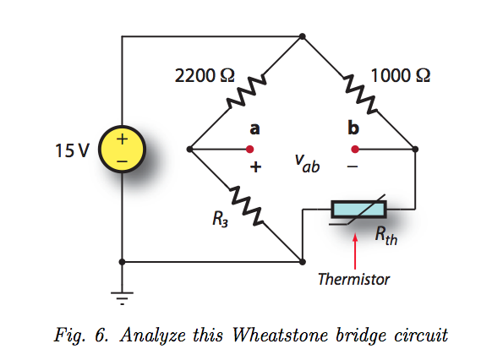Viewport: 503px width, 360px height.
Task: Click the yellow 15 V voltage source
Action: tap(122, 149)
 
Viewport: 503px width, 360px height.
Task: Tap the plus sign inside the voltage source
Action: tap(122, 139)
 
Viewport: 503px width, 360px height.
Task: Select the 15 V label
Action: tap(72, 150)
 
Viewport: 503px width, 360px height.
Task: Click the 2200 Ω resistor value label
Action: tap(205, 76)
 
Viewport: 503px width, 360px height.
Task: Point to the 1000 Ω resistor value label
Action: tap(400, 76)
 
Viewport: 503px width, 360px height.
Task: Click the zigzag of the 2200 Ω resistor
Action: tap(246, 91)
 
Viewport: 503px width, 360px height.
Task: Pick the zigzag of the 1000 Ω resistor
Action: tap(359, 93)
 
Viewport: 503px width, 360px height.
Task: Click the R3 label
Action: tap(220, 219)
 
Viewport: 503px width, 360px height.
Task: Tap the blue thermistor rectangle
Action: tap(359, 210)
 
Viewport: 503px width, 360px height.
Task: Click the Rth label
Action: tap(386, 236)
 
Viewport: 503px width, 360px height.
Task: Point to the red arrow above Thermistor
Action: tap(355, 251)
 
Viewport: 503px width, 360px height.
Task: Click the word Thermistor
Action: tap(354, 279)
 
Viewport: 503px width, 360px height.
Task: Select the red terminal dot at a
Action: tap(249, 149)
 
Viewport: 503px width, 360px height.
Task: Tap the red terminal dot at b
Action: tap(355, 149)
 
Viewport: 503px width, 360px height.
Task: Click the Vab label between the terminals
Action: tap(308, 163)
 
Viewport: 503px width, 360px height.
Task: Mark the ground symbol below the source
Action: tap(122, 298)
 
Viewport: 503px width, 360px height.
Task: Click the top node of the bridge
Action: tap(302, 36)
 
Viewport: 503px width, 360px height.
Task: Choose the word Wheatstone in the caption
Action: tap(281, 335)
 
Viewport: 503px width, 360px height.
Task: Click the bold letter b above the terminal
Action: tap(353, 128)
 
